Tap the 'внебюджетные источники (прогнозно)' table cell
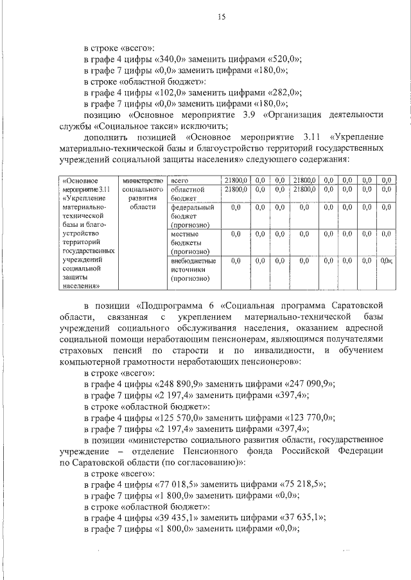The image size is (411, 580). tap(192, 270)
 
